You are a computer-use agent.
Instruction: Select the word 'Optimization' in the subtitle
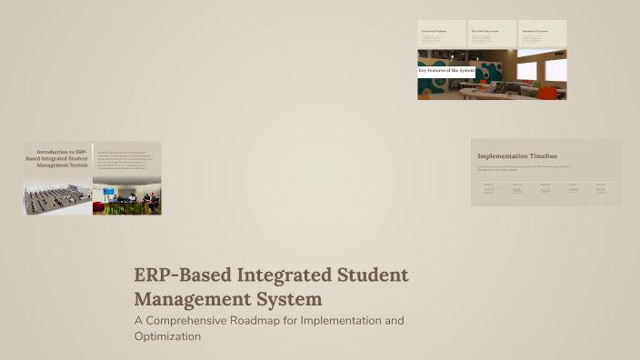[167, 336]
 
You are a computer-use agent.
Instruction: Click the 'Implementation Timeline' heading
[517, 155]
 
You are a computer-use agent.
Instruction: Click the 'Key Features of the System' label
[446, 70]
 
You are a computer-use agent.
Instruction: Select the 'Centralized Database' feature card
[442, 34]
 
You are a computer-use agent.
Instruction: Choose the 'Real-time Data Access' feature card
[492, 34]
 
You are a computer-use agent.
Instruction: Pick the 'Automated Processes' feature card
[543, 34]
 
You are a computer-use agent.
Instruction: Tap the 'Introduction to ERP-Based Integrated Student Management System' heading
[58, 158]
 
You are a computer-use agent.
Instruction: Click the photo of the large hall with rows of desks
[58, 195]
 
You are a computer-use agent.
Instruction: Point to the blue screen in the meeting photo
[109, 193]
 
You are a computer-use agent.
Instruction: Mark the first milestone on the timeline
[489, 188]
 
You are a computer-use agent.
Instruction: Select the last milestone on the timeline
[602, 188]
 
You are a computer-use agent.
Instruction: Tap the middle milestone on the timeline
[545, 188]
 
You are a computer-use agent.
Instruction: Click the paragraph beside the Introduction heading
[126, 158]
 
